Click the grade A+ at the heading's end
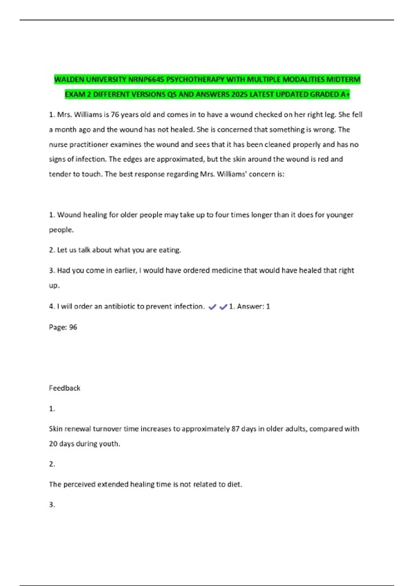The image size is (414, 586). point(345,94)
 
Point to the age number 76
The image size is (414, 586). point(115,115)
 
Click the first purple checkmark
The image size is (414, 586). point(213,307)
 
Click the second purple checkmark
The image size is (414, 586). point(223,307)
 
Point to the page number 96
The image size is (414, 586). point(73,327)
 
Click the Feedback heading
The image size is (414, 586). point(65,388)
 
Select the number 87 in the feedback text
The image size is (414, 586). point(235,429)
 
